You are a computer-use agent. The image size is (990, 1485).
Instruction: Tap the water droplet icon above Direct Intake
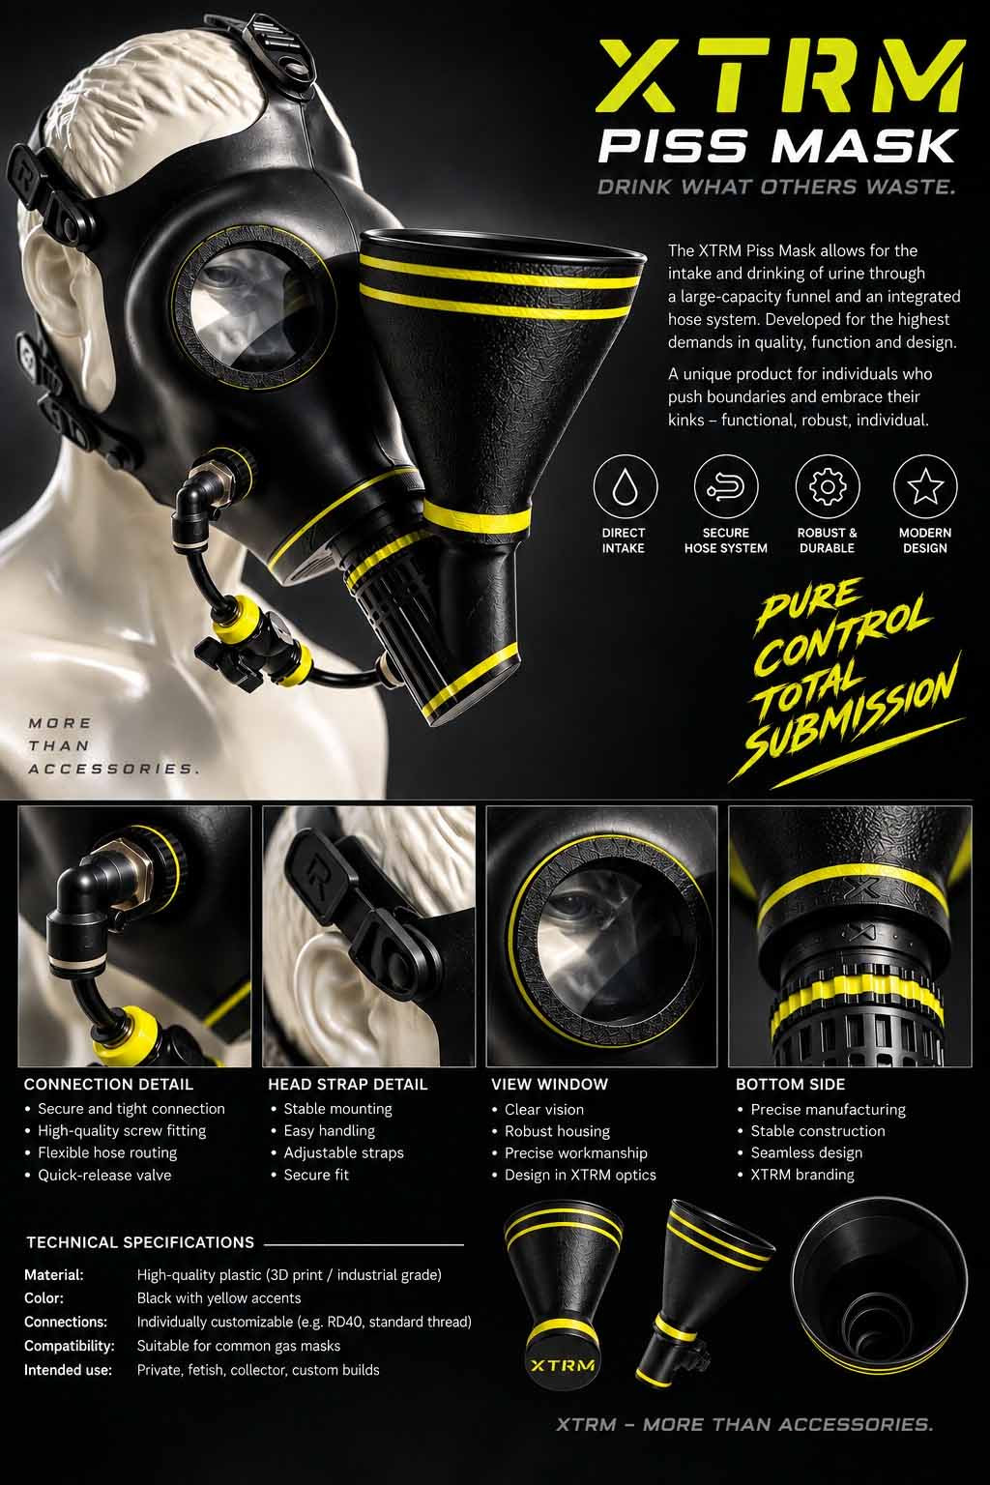pyautogui.click(x=625, y=486)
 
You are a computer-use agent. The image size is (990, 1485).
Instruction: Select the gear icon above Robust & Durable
pyautogui.click(x=827, y=486)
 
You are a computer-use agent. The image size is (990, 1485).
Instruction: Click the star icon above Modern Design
pyautogui.click(x=925, y=486)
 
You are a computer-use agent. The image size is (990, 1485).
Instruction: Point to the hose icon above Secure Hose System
pyautogui.click(x=725, y=486)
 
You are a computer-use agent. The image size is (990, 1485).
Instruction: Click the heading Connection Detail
pyautogui.click(x=108, y=1085)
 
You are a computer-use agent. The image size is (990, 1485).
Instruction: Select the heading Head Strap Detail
pyautogui.click(x=347, y=1085)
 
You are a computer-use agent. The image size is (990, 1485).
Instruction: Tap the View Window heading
pyautogui.click(x=549, y=1085)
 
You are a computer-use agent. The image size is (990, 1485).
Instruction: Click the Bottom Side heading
pyautogui.click(x=791, y=1085)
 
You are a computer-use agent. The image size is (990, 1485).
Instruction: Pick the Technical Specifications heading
pyautogui.click(x=140, y=1242)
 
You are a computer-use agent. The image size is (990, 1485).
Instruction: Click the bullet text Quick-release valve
pyautogui.click(x=104, y=1176)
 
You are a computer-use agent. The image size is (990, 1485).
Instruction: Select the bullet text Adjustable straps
pyautogui.click(x=343, y=1152)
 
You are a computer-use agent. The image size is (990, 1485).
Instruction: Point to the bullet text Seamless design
pyautogui.click(x=806, y=1152)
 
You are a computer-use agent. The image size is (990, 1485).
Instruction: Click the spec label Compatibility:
pyautogui.click(x=69, y=1346)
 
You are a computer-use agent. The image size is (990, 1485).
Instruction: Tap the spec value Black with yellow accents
pyautogui.click(x=218, y=1298)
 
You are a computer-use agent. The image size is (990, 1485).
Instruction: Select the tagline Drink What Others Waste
pyautogui.click(x=775, y=187)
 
